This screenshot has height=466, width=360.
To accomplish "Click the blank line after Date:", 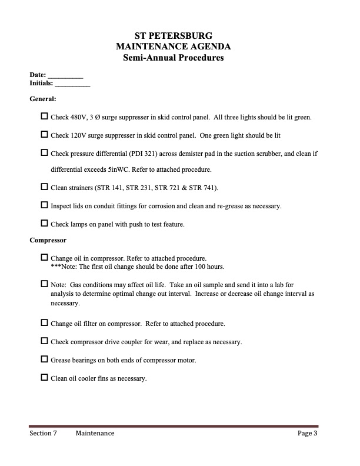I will point(65,76).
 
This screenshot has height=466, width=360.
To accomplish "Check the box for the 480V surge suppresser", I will point(45,116).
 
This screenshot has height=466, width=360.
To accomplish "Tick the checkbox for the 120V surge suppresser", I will point(45,135).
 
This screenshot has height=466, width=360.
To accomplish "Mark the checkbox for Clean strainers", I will point(45,187).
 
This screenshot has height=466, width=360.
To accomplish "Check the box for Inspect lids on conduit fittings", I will point(45,205).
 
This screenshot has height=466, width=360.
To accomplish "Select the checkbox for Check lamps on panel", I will point(45,223).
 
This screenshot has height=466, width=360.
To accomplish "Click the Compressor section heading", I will point(48,240).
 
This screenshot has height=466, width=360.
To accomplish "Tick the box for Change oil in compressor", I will point(45,258).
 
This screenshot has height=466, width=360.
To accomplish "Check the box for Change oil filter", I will point(45,323).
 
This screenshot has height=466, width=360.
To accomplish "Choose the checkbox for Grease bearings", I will point(45,359).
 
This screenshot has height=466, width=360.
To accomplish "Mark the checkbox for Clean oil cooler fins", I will point(45,377).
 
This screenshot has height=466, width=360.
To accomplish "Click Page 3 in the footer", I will point(307,434).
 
